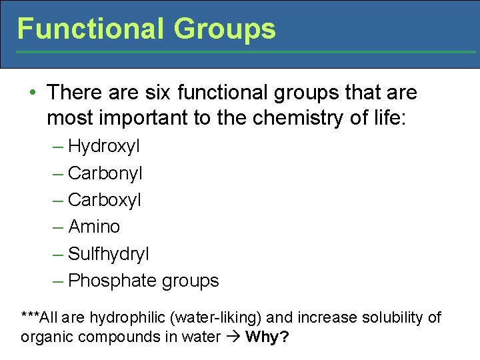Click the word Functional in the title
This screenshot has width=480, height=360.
(x=90, y=29)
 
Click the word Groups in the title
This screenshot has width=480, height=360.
(x=224, y=29)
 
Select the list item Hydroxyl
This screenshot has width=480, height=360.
(x=104, y=146)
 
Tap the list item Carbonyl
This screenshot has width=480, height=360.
(x=105, y=173)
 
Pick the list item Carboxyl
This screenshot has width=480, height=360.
(x=105, y=200)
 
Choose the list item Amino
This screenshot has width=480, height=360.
(x=94, y=227)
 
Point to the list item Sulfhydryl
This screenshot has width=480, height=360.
(x=109, y=254)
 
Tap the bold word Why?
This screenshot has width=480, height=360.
(x=267, y=337)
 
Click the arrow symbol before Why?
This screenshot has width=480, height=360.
(x=233, y=337)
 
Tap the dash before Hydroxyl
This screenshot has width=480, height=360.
(x=58, y=146)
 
